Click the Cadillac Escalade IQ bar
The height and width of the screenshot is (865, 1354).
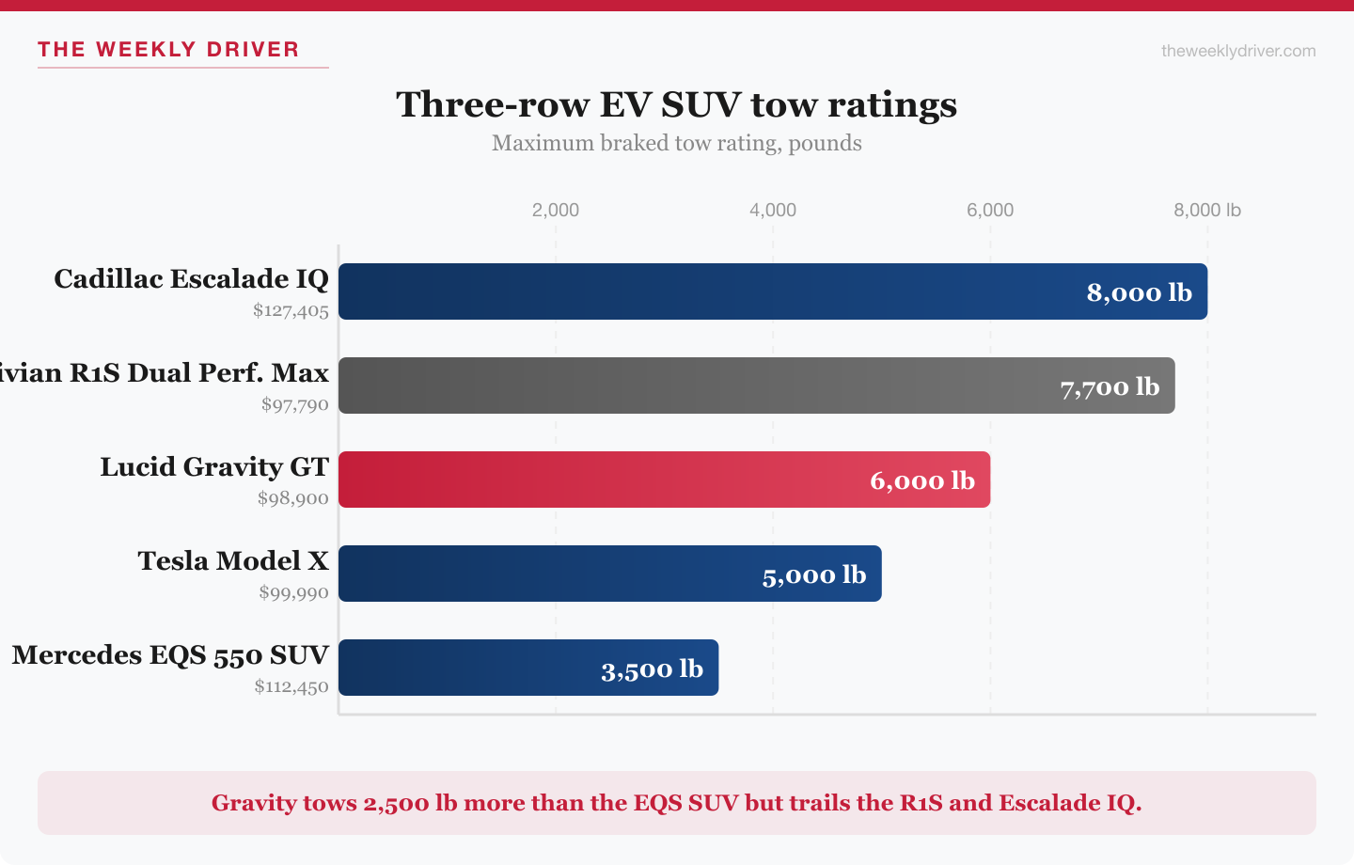pyautogui.click(x=705, y=291)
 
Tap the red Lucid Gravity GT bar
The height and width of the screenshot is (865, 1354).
pyautogui.click(x=602, y=480)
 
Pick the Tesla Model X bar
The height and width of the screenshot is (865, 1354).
pyautogui.click(x=545, y=574)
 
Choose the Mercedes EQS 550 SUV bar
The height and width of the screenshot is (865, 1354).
pyautogui.click(x=470, y=668)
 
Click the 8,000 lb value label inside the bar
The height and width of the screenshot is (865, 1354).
pyautogui.click(x=1139, y=292)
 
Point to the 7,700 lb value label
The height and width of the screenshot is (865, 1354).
pyautogui.click(x=1110, y=386)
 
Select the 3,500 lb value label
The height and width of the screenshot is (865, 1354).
pyautogui.click(x=652, y=669)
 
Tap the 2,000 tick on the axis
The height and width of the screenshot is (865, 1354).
pyautogui.click(x=556, y=210)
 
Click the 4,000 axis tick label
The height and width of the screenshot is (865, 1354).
pyautogui.click(x=773, y=210)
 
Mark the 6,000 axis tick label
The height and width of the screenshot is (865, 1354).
pyautogui.click(x=990, y=210)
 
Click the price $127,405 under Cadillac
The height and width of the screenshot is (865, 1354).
pyautogui.click(x=291, y=310)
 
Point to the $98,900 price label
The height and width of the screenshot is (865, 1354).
pyautogui.click(x=293, y=498)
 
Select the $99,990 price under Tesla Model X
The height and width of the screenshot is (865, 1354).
pyautogui.click(x=294, y=592)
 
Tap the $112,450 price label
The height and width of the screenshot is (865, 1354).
pyautogui.click(x=291, y=686)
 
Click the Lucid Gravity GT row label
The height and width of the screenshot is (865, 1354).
pyautogui.click(x=214, y=467)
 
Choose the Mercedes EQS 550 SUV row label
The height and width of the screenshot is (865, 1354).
pyautogui.click(x=170, y=655)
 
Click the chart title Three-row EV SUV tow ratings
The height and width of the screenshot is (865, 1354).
pyautogui.click(x=677, y=104)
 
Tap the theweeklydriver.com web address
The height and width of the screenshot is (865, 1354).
pyautogui.click(x=1238, y=51)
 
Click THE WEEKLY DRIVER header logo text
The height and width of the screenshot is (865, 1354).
pyautogui.click(x=168, y=50)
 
